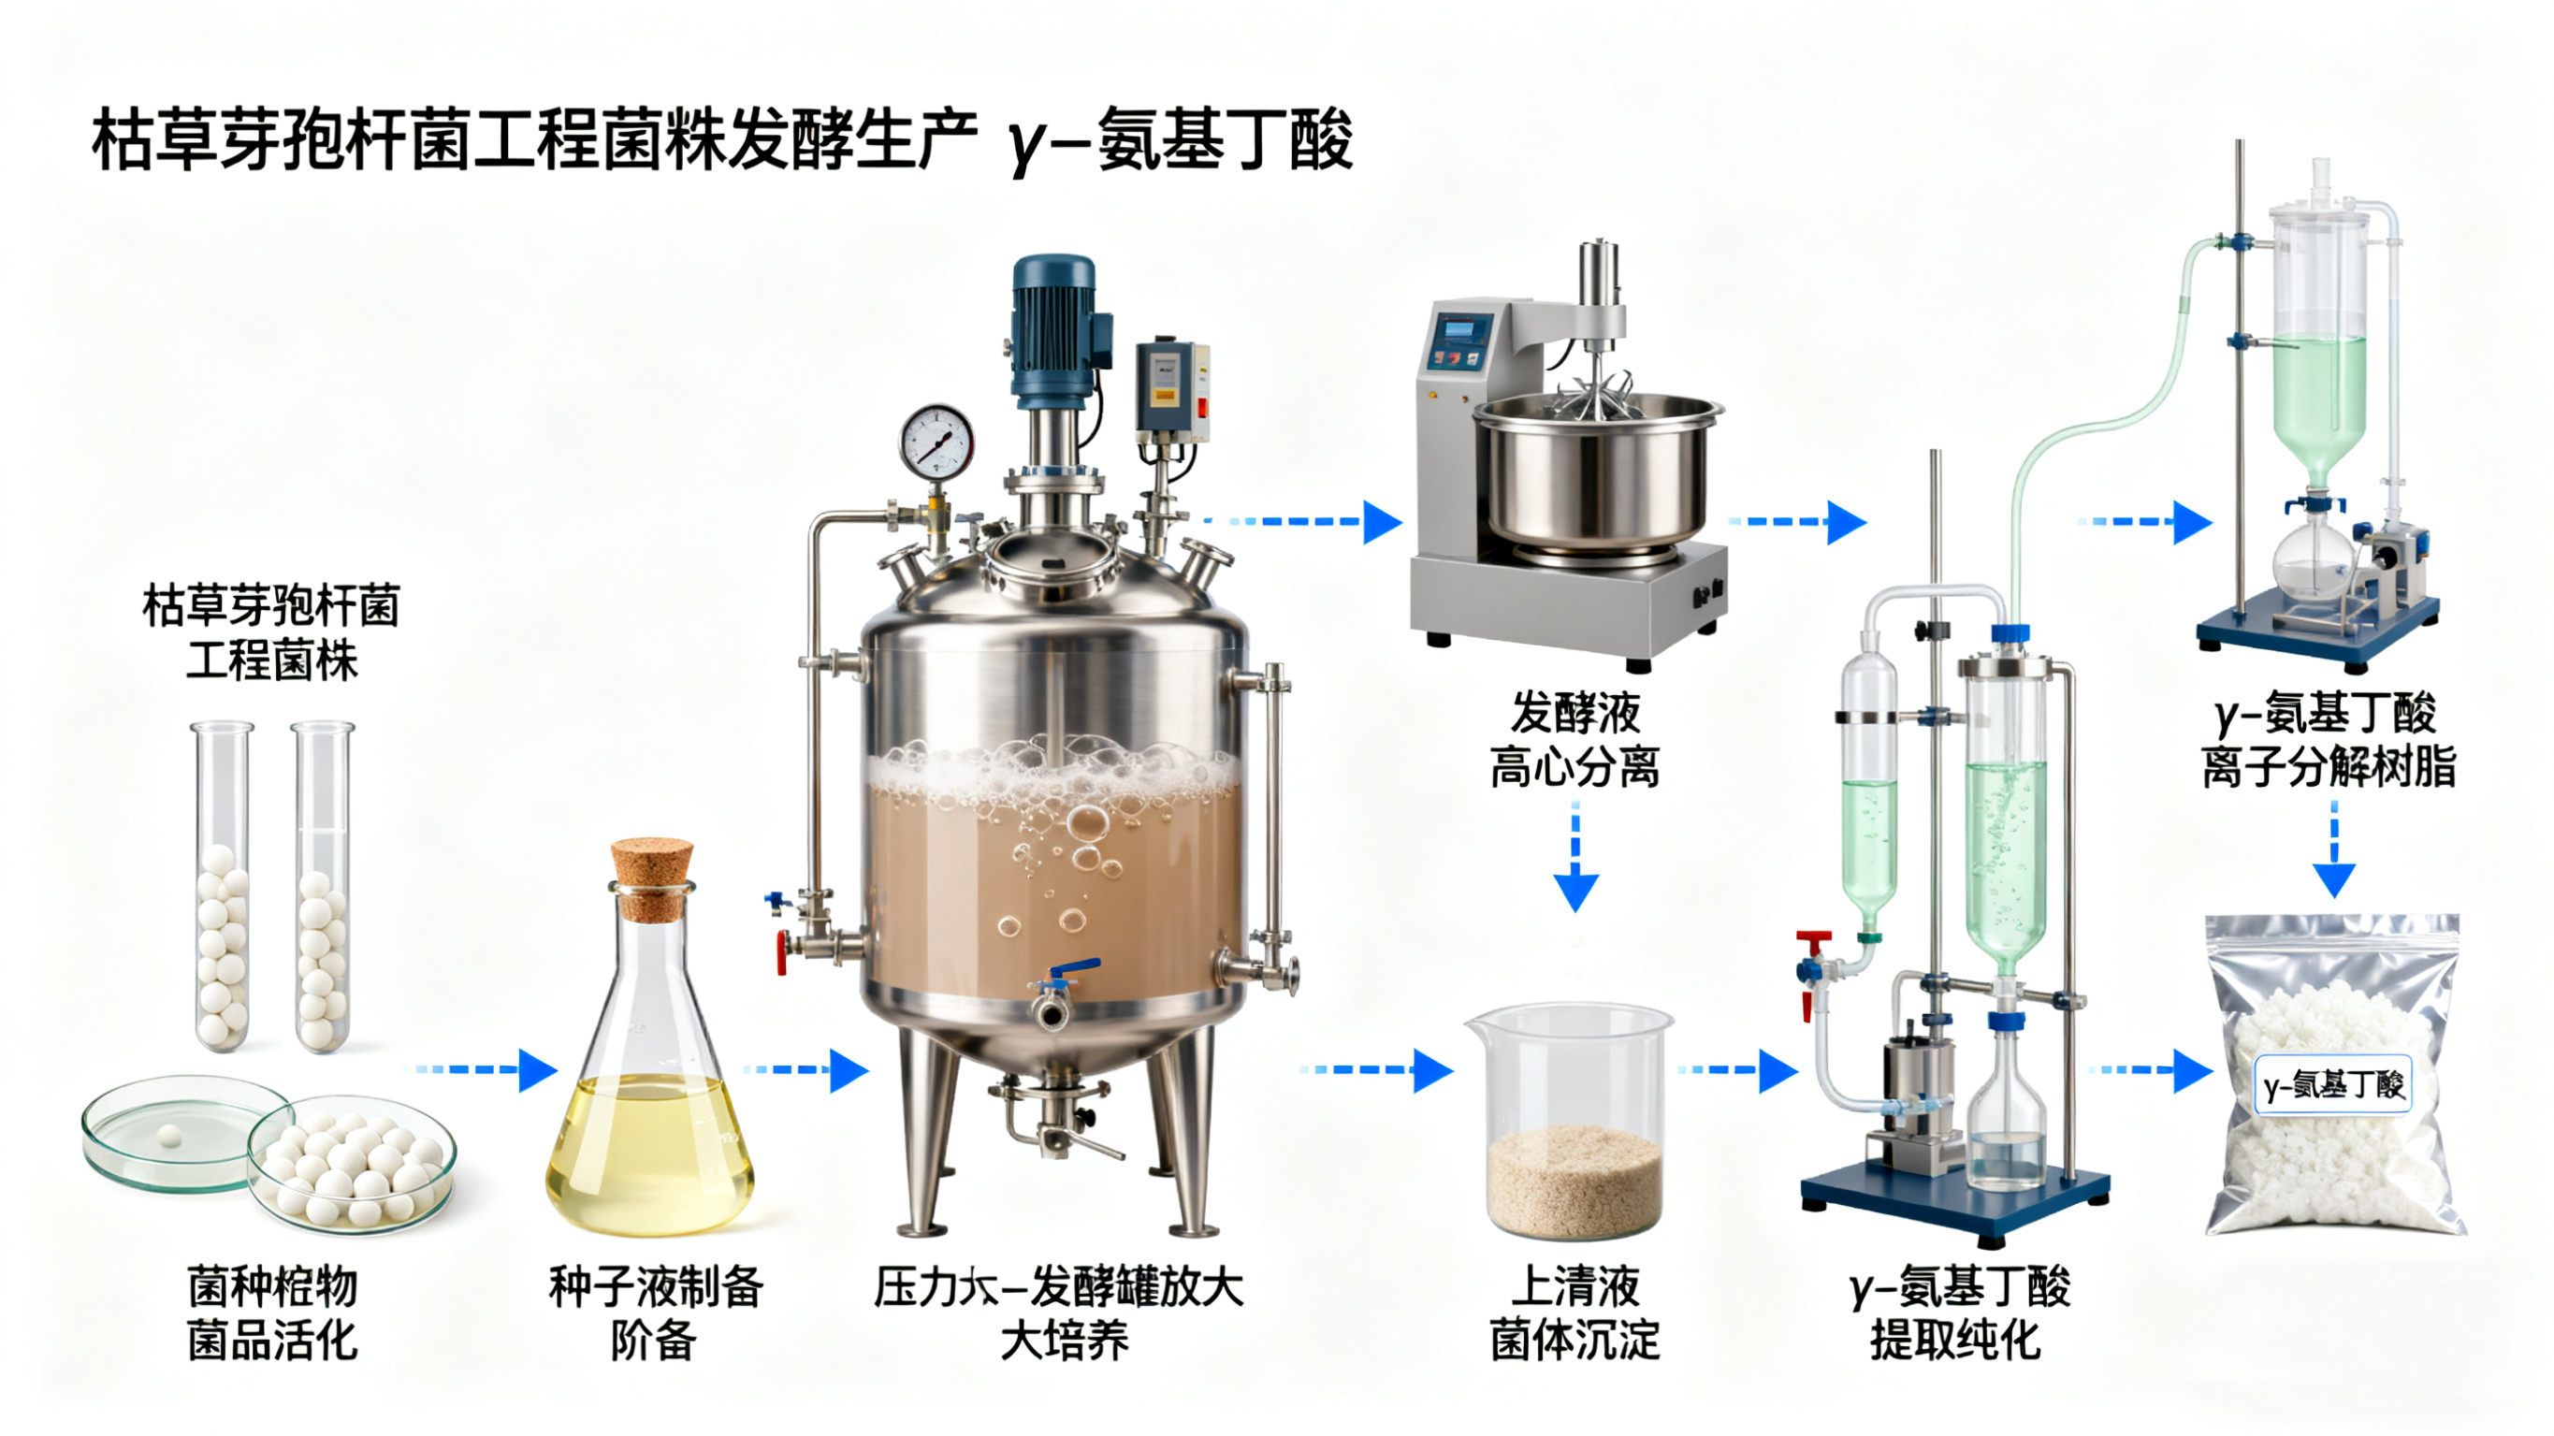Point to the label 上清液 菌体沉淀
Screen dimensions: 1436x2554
point(1574,1314)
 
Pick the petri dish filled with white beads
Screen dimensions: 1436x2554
point(351,1167)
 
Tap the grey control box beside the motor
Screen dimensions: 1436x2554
point(1171,389)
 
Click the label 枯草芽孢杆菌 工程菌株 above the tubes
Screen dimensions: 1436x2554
point(270,633)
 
